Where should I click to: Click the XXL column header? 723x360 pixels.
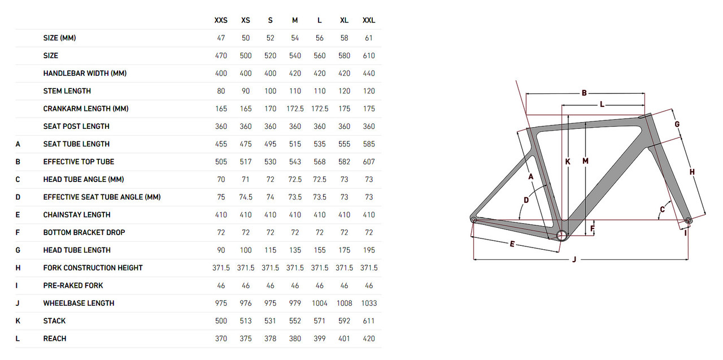click(x=369, y=20)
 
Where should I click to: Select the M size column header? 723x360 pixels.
click(x=295, y=20)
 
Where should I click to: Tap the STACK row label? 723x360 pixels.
click(x=54, y=321)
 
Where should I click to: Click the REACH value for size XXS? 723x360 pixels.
click(x=221, y=339)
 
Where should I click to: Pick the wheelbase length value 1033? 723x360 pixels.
click(x=369, y=303)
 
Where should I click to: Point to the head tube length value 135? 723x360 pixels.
click(x=295, y=250)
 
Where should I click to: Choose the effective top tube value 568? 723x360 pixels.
click(x=320, y=162)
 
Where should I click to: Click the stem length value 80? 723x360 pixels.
click(x=221, y=91)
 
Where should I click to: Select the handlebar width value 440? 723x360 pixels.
click(x=369, y=73)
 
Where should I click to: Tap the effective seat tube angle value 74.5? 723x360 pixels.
click(x=246, y=197)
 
